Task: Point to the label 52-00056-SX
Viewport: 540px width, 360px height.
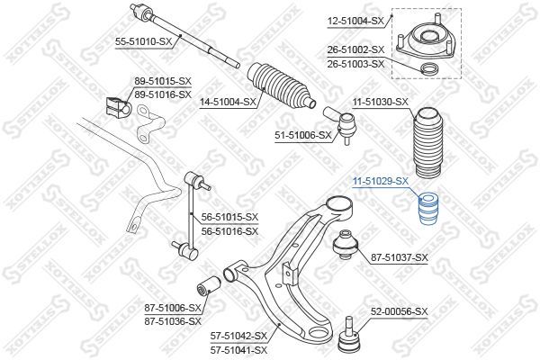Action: (x=401, y=311)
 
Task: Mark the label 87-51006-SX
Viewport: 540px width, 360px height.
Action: (x=172, y=307)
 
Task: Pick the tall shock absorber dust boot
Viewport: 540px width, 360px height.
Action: (x=427, y=144)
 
